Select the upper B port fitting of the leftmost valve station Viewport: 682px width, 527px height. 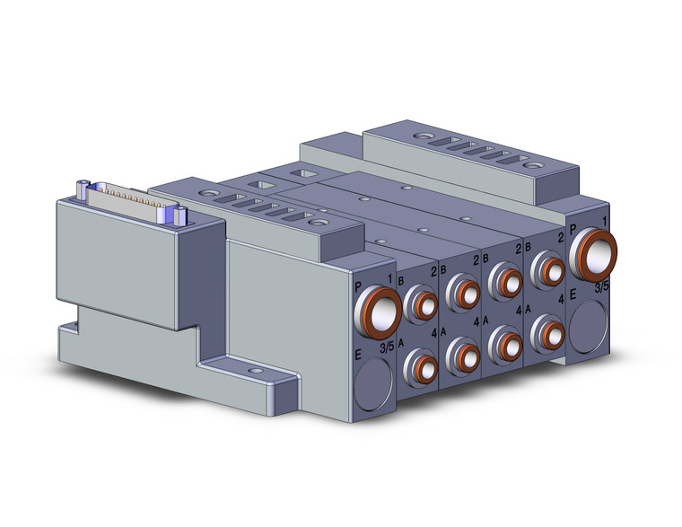coord(419,307)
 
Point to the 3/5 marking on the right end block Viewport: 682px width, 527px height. coord(604,287)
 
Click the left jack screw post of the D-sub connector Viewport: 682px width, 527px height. coord(83,188)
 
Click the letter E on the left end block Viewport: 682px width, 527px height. coord(359,356)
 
